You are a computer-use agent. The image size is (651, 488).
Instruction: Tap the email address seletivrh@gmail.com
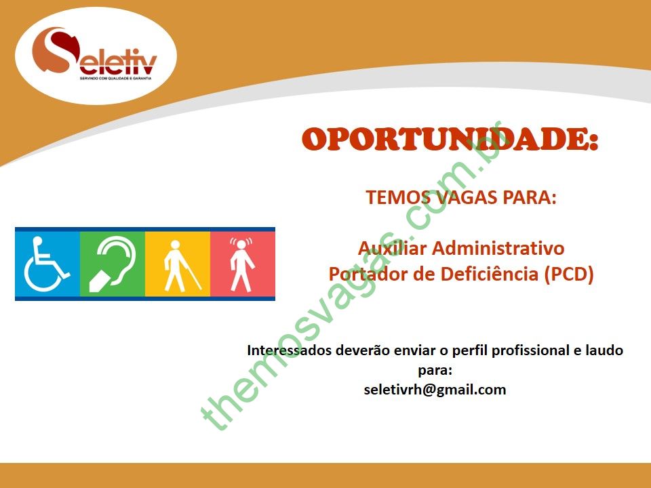pyautogui.click(x=435, y=390)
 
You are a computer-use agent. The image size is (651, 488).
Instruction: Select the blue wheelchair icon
pyautogui.click(x=47, y=264)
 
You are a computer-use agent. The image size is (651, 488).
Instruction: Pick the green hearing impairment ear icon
pyautogui.click(x=113, y=264)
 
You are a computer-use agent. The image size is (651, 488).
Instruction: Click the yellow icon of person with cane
pyautogui.click(x=178, y=264)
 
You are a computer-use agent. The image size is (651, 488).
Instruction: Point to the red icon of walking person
pyautogui.click(x=243, y=264)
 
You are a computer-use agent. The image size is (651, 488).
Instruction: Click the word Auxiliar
pyautogui.click(x=393, y=248)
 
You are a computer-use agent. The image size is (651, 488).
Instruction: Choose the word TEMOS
pyautogui.click(x=397, y=197)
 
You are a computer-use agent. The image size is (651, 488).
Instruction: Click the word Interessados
pyautogui.click(x=290, y=350)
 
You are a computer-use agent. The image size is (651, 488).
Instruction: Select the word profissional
pyautogui.click(x=530, y=350)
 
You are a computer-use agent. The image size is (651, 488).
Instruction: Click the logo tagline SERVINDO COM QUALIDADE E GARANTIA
pyautogui.click(x=116, y=78)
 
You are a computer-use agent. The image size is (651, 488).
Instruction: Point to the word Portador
pyautogui.click(x=366, y=274)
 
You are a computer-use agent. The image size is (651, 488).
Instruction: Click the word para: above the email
pyautogui.click(x=435, y=371)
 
